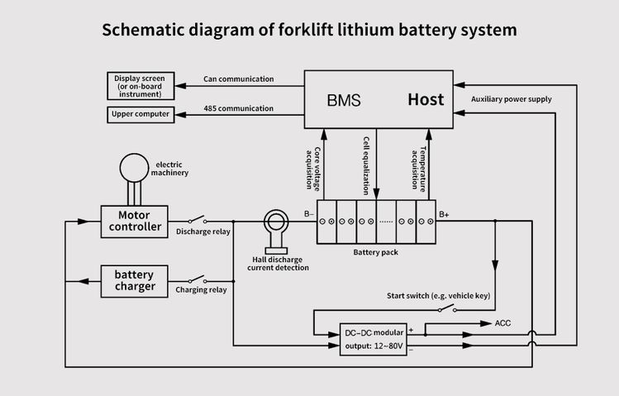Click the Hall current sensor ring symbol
tap(276, 211)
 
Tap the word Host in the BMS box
tap(426, 99)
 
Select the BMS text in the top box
tap(344, 100)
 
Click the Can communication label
tap(239, 79)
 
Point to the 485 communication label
tap(239, 108)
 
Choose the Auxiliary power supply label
tap(512, 99)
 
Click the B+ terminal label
tap(444, 214)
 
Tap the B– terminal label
tap(309, 214)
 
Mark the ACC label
tap(502, 323)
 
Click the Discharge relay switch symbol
tap(198, 220)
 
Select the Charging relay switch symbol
tap(198, 279)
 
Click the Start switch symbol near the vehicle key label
tap(447, 308)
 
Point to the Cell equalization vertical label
tap(366, 166)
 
